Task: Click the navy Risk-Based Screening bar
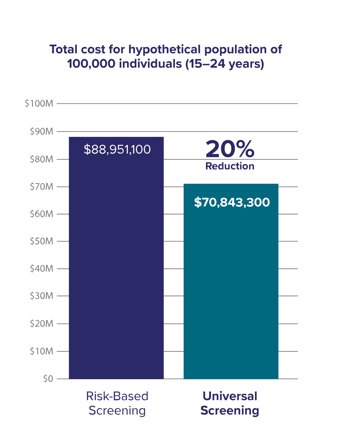(116, 264)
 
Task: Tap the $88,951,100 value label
(117, 149)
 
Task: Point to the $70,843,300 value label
(232, 202)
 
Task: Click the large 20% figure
(230, 149)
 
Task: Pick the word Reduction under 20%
(230, 166)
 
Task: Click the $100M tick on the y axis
(39, 103)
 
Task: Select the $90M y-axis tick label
(41, 131)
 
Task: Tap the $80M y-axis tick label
(41, 159)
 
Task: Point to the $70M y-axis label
(41, 187)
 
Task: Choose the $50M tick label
(41, 241)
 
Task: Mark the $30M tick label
(41, 296)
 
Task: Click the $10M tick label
(41, 351)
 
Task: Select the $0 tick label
(48, 379)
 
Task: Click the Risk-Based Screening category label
(117, 403)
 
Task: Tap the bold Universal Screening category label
(230, 403)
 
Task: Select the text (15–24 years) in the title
(225, 63)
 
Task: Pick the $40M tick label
(41, 269)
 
